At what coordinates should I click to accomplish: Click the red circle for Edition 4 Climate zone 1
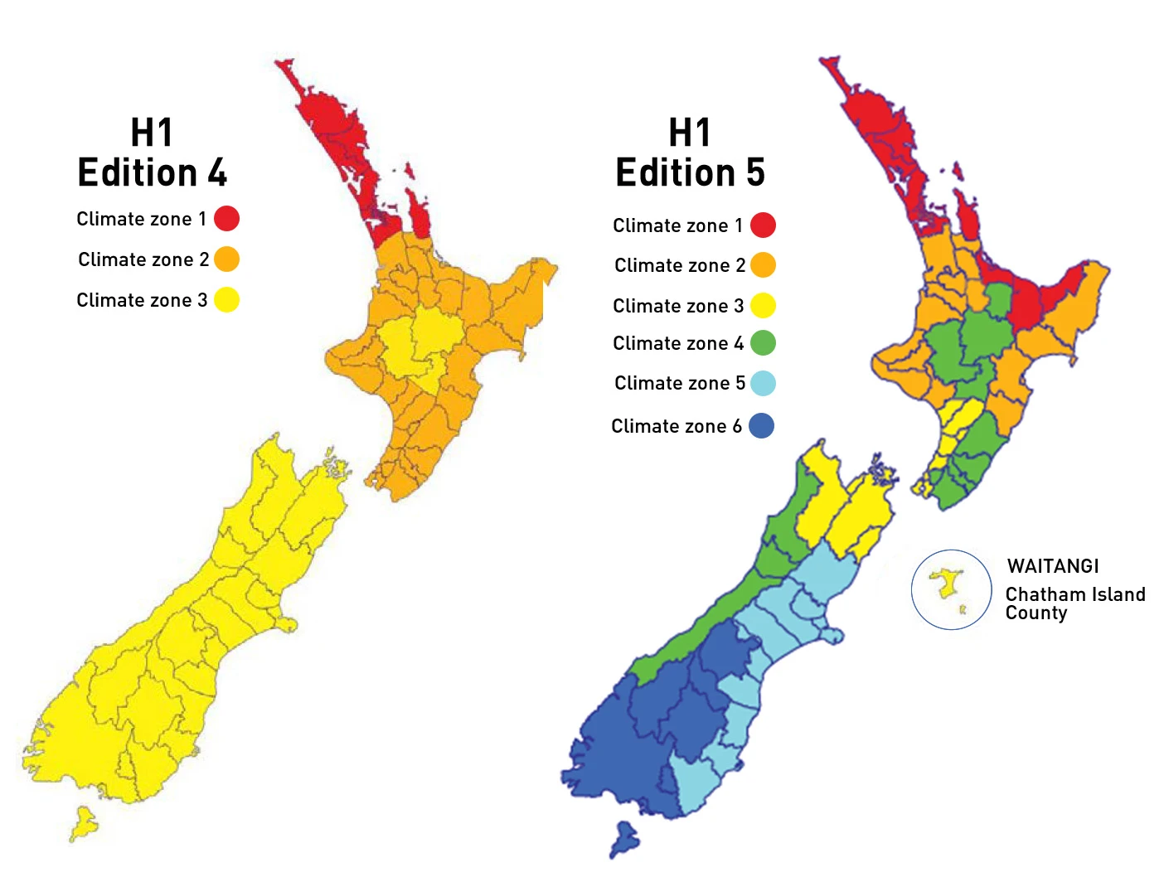coord(226,219)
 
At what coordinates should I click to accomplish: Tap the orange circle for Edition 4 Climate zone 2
coord(226,259)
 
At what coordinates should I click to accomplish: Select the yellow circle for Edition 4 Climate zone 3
coord(226,300)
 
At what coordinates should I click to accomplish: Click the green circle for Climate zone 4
coord(763,343)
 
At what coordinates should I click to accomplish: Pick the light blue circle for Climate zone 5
coord(763,384)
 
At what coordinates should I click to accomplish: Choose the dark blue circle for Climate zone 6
coord(761,426)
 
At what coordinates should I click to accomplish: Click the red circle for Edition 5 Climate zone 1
coord(763,225)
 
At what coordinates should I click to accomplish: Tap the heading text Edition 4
coord(152,173)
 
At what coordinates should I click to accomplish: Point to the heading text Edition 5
coord(690,173)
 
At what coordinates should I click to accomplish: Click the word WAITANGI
coord(1053,566)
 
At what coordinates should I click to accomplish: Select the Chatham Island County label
coord(1074,603)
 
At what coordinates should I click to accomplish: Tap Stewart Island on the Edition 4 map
coord(83,824)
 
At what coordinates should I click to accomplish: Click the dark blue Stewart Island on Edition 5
coord(624,837)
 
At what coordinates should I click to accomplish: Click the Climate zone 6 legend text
coord(677,426)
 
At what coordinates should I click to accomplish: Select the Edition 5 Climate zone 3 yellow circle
coord(763,306)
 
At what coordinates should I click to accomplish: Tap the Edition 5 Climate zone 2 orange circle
coord(763,265)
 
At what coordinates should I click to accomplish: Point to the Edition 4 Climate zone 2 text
coord(143,259)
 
